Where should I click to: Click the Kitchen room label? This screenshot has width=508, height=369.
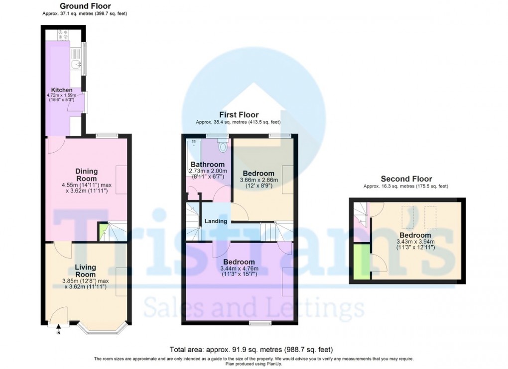click(x=55, y=91)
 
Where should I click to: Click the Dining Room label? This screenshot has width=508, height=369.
click(x=87, y=175)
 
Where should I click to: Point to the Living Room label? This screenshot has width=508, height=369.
click(x=85, y=271)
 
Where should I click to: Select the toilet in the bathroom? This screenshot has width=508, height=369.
click(x=223, y=146)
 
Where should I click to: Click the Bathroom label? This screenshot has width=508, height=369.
click(x=207, y=165)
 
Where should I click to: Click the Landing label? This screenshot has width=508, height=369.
click(x=216, y=221)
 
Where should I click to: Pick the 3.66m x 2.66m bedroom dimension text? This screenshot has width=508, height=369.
click(x=258, y=180)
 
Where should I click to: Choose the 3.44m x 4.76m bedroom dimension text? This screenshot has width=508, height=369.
click(x=239, y=269)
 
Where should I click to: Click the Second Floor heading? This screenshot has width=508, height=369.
click(x=406, y=179)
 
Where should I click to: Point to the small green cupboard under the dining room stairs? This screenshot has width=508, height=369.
click(x=103, y=232)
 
